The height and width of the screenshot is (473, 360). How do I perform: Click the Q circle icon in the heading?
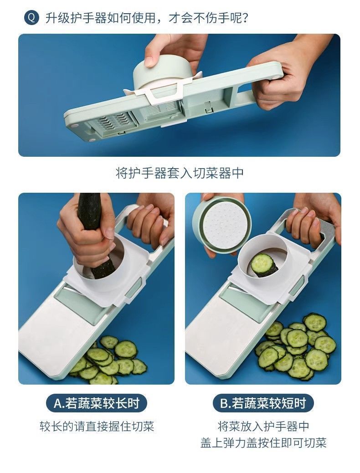click(x=31, y=18)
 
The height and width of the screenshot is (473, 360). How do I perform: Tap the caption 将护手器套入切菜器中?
click(x=180, y=173)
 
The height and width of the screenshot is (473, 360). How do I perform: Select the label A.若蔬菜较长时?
click(x=97, y=403)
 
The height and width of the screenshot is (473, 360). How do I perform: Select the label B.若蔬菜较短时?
click(x=263, y=403)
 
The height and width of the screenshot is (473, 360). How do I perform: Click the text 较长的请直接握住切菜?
click(x=97, y=427)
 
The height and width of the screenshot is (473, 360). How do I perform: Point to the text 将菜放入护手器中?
click(x=263, y=427)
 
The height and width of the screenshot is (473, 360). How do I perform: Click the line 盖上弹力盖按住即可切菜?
click(x=263, y=442)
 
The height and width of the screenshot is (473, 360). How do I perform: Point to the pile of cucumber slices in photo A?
click(x=109, y=360)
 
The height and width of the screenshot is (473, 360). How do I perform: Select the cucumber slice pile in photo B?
click(x=296, y=346)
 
